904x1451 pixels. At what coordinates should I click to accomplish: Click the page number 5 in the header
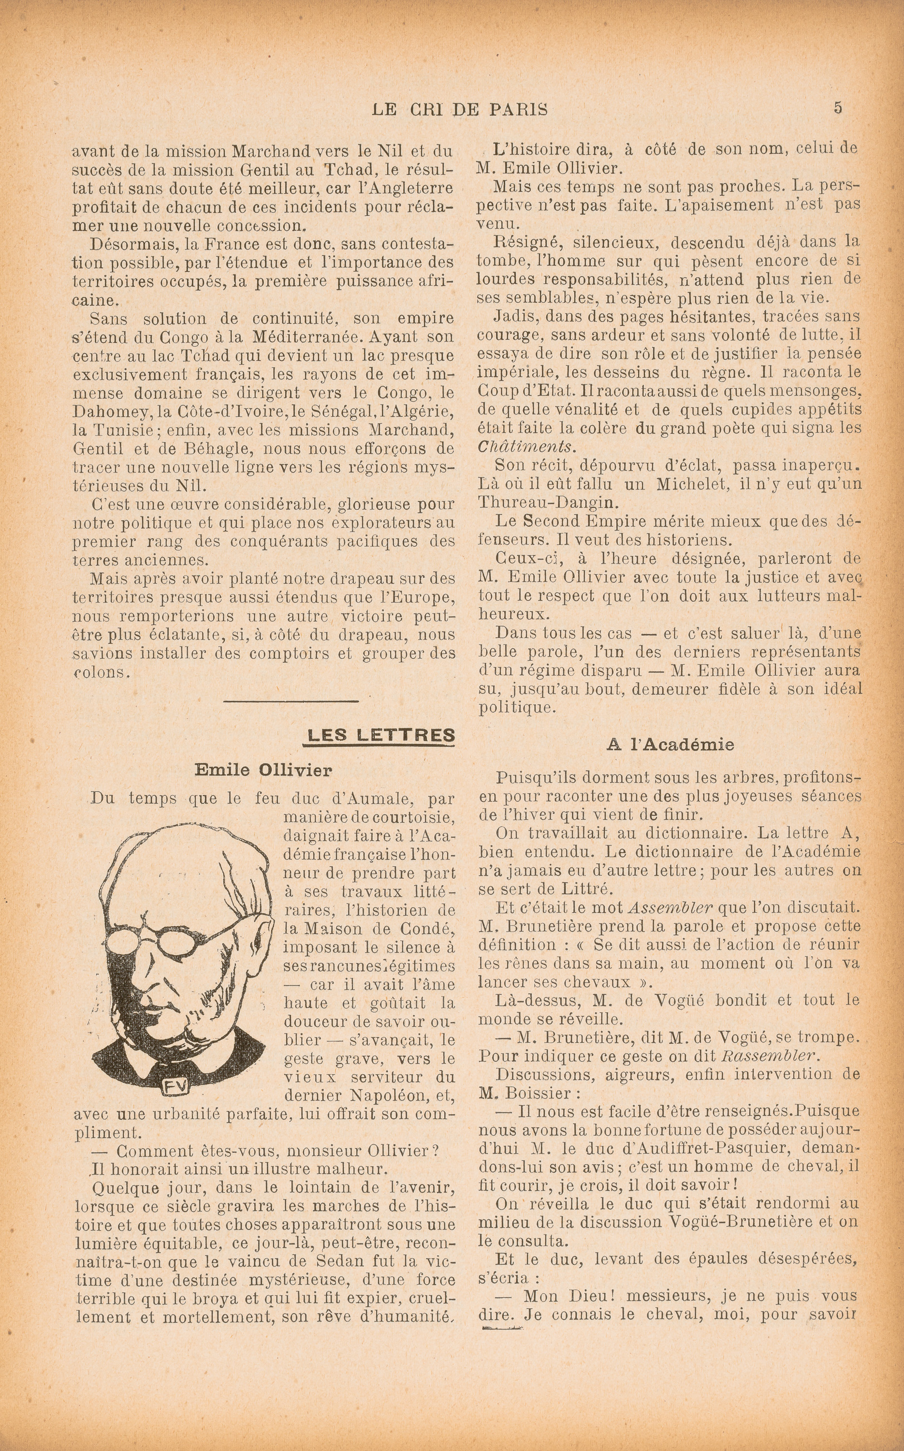838,108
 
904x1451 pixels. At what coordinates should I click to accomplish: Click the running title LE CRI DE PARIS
459,109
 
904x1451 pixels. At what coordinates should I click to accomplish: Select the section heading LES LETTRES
380,735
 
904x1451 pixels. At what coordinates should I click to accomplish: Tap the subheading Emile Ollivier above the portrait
263,770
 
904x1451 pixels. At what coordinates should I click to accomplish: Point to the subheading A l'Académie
670,745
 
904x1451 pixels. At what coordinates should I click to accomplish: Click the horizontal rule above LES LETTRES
291,701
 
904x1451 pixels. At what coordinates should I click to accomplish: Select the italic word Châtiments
527,447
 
